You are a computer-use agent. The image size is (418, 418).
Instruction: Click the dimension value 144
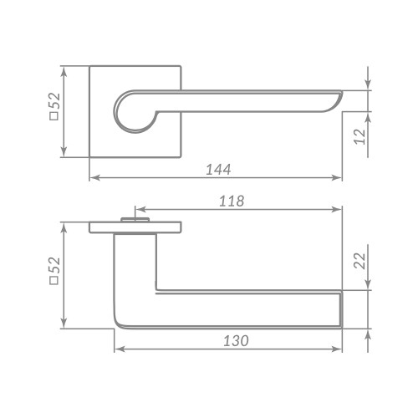(x=217, y=169)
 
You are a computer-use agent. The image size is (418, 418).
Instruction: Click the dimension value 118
(x=231, y=201)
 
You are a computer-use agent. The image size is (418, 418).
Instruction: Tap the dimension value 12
(x=359, y=136)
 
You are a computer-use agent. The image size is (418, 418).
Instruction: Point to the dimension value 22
(x=359, y=261)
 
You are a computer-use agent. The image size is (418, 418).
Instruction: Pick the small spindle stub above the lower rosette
(x=134, y=219)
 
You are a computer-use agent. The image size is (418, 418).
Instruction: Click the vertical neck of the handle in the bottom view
(x=134, y=268)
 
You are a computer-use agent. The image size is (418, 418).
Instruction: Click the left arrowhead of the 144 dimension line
(x=93, y=177)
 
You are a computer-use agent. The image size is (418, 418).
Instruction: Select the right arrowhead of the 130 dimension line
(x=338, y=349)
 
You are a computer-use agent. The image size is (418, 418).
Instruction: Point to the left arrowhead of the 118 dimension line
(x=138, y=209)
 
